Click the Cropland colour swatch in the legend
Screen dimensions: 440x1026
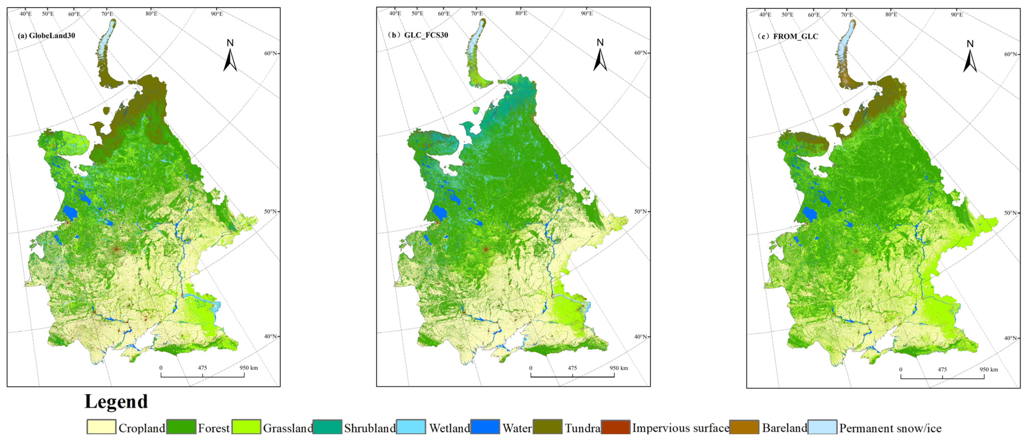pyautogui.click(x=102, y=427)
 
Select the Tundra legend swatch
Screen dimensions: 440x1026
pyautogui.click(x=548, y=427)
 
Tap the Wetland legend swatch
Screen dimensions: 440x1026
pyautogui.click(x=411, y=427)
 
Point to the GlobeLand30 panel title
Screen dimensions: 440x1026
pyautogui.click(x=46, y=36)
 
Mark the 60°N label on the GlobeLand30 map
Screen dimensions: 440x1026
pyautogui.click(x=271, y=53)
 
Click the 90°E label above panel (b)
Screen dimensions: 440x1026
pyautogui.click(x=587, y=13)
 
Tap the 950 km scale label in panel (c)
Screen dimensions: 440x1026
pyautogui.click(x=989, y=369)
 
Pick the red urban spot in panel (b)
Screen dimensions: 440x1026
pyautogui.click(x=486, y=249)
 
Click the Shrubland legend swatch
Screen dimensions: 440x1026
pyautogui.click(x=327, y=427)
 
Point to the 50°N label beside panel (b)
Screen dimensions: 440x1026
pyautogui.click(x=640, y=212)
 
